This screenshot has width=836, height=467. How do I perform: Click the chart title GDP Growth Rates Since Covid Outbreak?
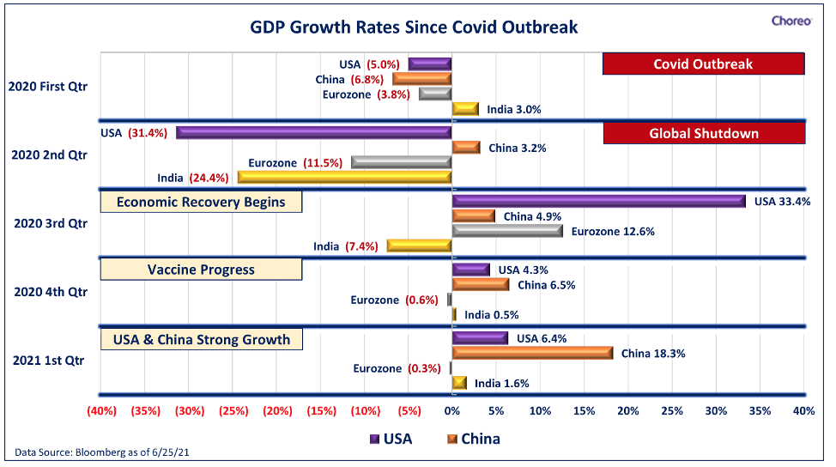coord(414,27)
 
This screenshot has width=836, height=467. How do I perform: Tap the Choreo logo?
coord(791,21)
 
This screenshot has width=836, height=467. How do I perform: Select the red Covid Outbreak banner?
coord(703,64)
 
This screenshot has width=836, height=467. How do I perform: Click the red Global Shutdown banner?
coord(704,133)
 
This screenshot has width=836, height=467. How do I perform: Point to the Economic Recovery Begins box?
coord(201,202)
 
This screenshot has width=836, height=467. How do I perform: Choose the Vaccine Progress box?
coord(201,270)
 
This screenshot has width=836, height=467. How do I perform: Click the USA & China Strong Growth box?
coord(202,340)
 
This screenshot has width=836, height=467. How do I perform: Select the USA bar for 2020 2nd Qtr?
coord(314,133)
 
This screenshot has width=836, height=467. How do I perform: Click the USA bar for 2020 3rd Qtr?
coord(599,202)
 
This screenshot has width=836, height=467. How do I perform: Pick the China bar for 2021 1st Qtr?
coord(533,353)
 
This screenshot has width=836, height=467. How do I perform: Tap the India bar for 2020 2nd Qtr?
coord(345,178)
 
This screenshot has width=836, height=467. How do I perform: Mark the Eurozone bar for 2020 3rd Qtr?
coord(507,231)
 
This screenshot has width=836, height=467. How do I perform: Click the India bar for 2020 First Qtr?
coord(465,109)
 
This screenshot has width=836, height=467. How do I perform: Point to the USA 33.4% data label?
coord(782,202)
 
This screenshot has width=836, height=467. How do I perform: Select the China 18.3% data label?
coord(653,354)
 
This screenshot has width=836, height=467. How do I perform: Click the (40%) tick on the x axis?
coord(102,411)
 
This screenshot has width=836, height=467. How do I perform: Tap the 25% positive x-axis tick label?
coord(672,411)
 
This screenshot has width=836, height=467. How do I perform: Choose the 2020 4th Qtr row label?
coord(51,292)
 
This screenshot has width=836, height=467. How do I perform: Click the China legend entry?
coord(474,439)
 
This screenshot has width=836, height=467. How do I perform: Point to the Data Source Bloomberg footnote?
coord(102,452)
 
